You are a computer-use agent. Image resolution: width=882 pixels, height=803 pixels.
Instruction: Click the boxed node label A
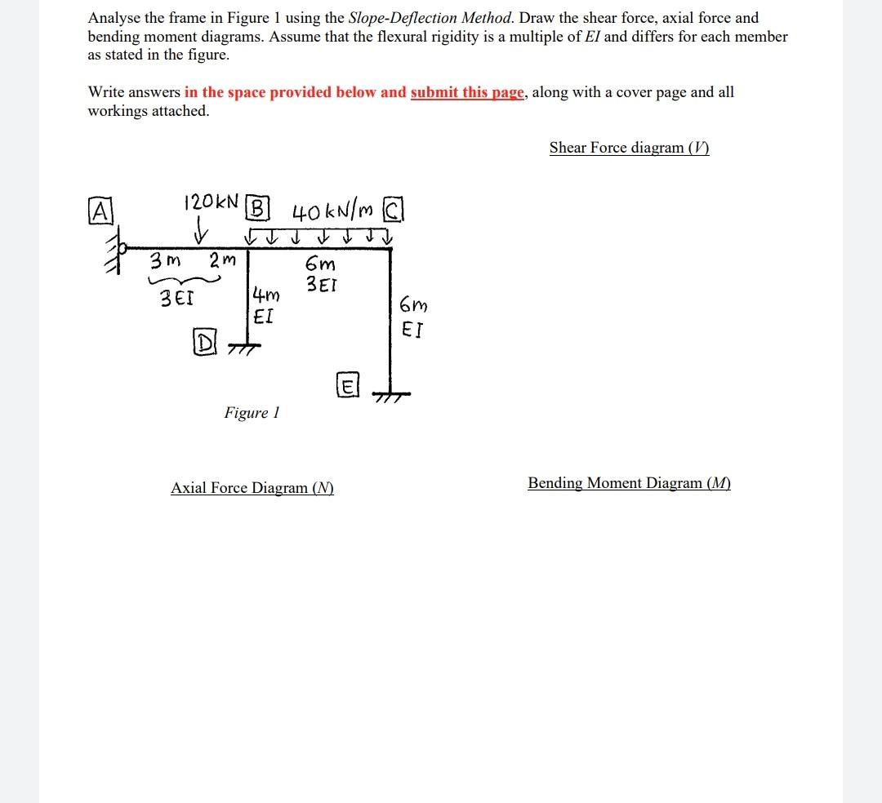pos(99,211)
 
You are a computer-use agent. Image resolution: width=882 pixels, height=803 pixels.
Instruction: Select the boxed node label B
pos(257,208)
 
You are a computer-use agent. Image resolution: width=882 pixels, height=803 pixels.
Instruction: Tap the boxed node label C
pos(394,211)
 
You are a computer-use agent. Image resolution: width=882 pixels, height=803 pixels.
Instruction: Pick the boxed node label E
pos(346,385)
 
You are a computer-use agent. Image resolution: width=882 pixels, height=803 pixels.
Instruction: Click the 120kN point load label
pos(212,202)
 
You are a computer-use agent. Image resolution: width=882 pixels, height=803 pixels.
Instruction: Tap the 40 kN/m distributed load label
pos(331,213)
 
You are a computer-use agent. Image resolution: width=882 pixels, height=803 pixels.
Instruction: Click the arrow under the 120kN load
pos(198,235)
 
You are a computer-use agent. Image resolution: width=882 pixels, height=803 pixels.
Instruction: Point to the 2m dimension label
pos(220,261)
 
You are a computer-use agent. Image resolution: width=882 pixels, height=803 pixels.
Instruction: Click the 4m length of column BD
pos(266,295)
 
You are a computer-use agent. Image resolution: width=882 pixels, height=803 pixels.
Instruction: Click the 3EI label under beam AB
pos(177,298)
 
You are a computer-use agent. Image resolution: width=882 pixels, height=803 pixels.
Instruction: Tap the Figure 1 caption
pos(252,413)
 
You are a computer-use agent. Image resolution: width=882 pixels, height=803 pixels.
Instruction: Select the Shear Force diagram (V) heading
pos(629,148)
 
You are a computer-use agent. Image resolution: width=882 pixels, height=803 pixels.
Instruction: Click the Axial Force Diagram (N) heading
pos(252,488)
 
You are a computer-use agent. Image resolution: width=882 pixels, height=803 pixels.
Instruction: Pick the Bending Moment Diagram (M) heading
pos(629,483)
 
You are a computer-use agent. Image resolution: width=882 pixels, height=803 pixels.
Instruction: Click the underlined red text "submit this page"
pos(466,92)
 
